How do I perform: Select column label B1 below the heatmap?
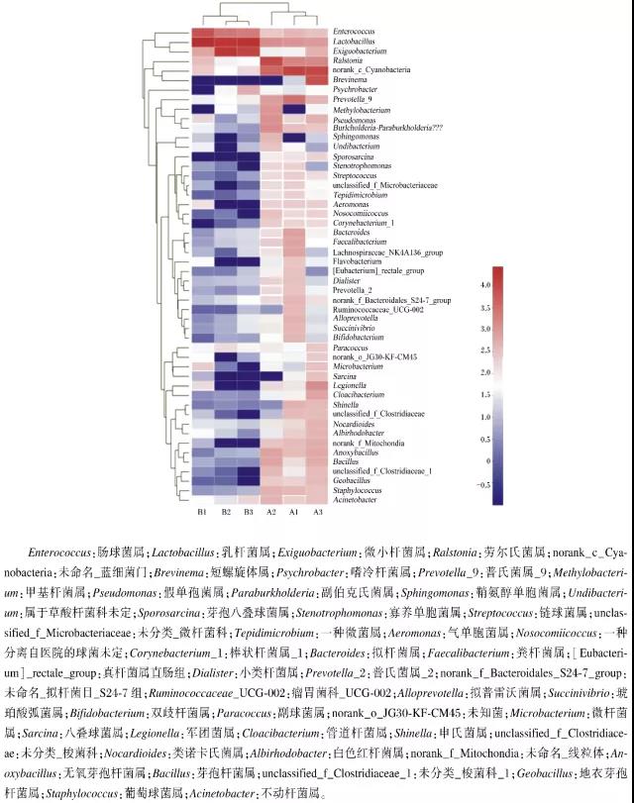tap(201, 512)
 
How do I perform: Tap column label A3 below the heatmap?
tap(317, 512)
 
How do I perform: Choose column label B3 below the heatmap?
tap(248, 512)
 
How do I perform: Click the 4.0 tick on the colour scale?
tap(512, 284)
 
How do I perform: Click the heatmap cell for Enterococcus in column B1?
tap(202, 32)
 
